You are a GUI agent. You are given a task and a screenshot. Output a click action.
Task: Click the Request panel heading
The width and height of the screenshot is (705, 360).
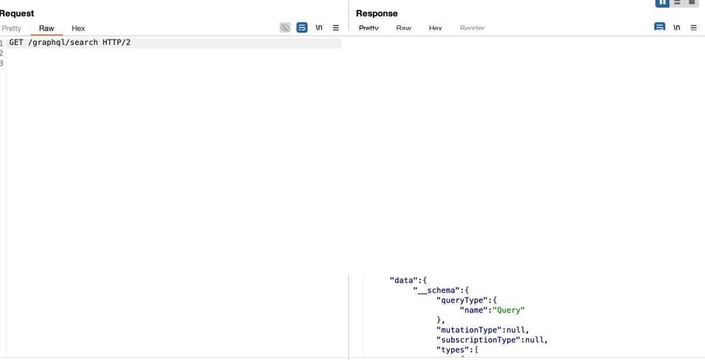click(x=16, y=13)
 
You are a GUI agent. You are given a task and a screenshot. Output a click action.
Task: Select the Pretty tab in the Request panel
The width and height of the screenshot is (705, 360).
click(x=11, y=28)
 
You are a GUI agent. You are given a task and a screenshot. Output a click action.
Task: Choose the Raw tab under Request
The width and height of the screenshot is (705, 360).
click(x=46, y=28)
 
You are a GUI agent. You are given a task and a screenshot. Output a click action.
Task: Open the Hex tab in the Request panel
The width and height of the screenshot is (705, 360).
click(x=78, y=28)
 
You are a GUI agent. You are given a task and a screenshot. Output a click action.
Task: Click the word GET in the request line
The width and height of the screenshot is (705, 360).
click(x=16, y=43)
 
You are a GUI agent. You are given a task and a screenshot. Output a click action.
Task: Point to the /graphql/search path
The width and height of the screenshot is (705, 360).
click(x=63, y=43)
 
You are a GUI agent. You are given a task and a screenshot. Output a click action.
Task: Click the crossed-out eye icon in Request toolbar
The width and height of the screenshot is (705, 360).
click(x=285, y=28)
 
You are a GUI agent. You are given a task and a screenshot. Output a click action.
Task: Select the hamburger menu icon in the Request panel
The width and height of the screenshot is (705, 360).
click(x=336, y=28)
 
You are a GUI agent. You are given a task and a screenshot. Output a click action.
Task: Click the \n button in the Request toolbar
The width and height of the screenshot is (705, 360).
click(x=319, y=28)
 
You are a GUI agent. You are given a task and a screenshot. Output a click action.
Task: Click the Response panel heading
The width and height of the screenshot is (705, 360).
click(x=377, y=13)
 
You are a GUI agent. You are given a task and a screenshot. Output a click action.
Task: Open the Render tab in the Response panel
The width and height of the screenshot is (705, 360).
click(x=472, y=28)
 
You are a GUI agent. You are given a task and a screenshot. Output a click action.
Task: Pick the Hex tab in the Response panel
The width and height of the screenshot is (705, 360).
click(x=435, y=28)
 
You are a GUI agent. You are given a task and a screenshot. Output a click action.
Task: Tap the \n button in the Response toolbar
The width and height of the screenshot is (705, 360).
click(x=677, y=28)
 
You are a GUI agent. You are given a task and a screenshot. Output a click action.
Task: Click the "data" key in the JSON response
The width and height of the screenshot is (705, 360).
click(x=402, y=280)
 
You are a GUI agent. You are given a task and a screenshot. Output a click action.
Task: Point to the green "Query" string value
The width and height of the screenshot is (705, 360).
click(x=509, y=310)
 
